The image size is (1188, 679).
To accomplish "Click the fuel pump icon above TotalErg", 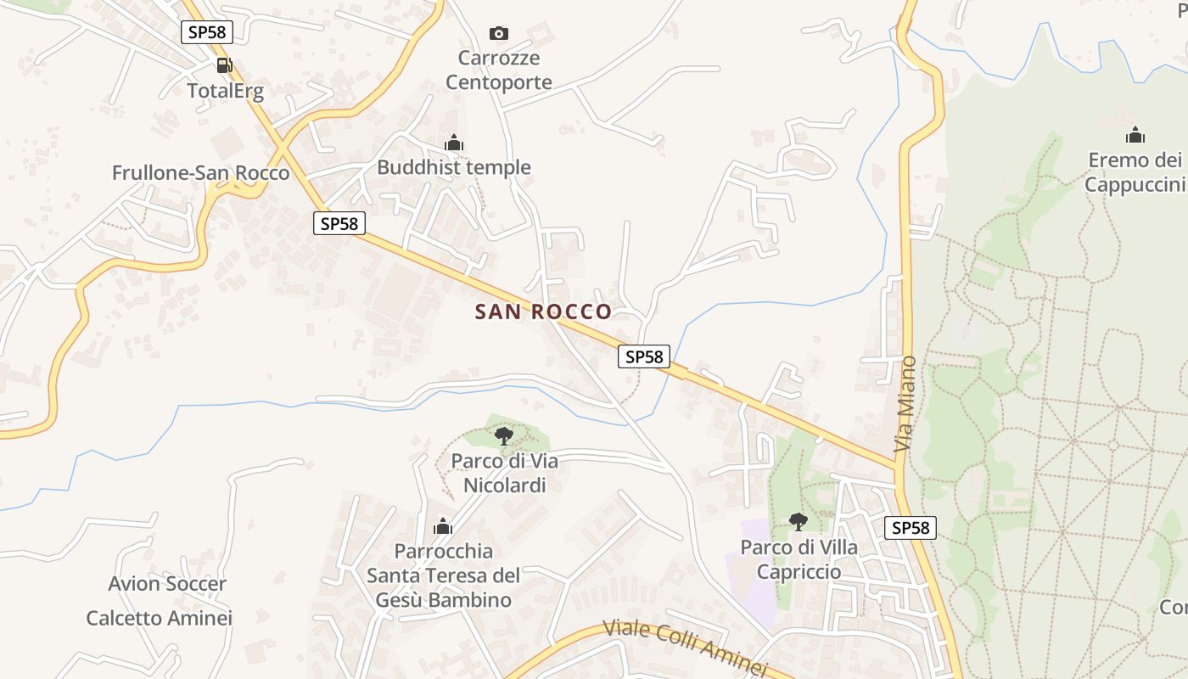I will (x=225, y=65).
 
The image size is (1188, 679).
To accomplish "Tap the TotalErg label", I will (x=226, y=91).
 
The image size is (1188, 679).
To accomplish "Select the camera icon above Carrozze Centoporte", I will (x=499, y=33).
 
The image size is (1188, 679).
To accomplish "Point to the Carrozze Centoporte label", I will (x=499, y=70).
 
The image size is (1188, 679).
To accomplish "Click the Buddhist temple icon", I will (x=454, y=143).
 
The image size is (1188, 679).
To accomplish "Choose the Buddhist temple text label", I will (x=454, y=167).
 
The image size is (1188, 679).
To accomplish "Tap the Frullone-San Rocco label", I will (x=200, y=173).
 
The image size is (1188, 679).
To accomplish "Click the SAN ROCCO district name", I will (x=543, y=311).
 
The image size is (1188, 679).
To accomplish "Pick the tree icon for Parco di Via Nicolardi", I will (x=504, y=436).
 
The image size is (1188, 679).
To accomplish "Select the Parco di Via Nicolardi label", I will (x=504, y=473).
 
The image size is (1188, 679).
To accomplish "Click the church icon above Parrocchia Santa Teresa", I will (x=443, y=527).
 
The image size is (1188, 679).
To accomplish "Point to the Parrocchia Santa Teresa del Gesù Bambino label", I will (x=443, y=575).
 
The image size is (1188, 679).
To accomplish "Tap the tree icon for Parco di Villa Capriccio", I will (x=798, y=521).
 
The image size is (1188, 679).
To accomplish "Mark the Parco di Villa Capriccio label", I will (x=799, y=559).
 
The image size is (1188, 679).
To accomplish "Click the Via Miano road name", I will (x=905, y=403).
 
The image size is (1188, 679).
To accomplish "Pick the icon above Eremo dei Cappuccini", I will (x=1135, y=135).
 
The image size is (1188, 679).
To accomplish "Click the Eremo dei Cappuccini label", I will (x=1135, y=172).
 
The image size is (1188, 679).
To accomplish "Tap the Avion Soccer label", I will (x=167, y=584).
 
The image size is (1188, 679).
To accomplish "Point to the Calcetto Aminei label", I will (x=160, y=618).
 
